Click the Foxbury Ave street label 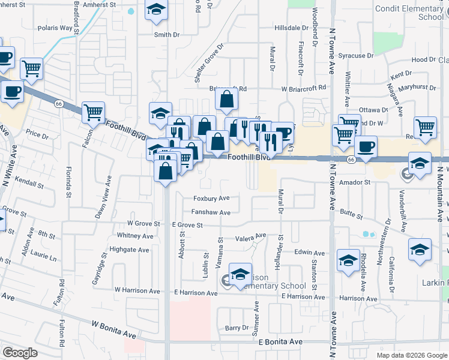tap(211, 198)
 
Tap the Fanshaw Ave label tap(211, 212)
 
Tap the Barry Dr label tap(237, 328)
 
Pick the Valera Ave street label tap(250, 236)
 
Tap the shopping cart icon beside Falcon tap(93, 112)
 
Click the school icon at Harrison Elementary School tap(240, 275)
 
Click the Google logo tap(20, 353)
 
